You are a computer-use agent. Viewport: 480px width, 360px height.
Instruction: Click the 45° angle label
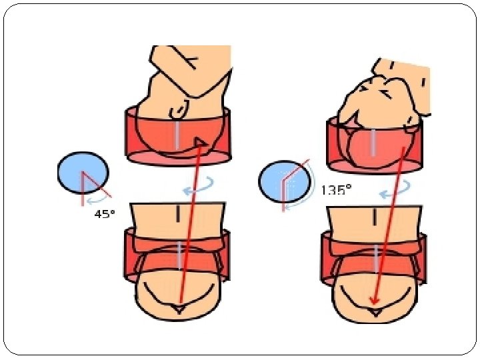(x=103, y=215)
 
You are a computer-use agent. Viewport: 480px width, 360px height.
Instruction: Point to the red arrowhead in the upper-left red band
(x=199, y=141)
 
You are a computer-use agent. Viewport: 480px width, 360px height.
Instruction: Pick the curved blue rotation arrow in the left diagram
(x=199, y=187)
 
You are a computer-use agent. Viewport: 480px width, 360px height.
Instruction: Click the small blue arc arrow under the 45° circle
(x=99, y=198)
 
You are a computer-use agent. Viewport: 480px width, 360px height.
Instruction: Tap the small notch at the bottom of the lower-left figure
(x=177, y=309)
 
